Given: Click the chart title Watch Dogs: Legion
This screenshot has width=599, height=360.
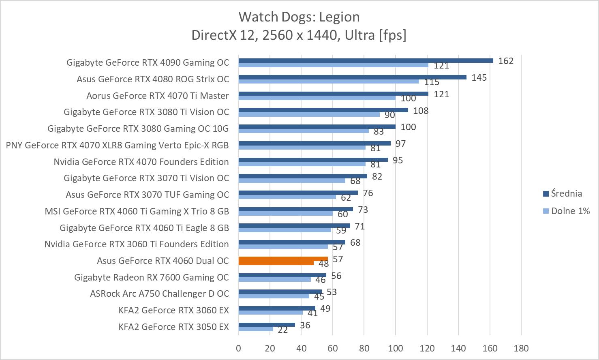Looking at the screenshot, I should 299,17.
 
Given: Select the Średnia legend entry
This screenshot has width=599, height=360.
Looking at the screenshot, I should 566,193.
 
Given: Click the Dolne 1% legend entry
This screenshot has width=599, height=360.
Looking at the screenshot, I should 570,211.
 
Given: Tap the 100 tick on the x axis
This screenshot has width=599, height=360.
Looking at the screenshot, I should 395,348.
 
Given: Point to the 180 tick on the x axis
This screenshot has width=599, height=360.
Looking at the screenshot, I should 521,348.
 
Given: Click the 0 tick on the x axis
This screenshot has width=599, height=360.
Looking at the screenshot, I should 238,348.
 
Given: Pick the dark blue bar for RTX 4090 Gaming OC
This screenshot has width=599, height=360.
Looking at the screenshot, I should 366,61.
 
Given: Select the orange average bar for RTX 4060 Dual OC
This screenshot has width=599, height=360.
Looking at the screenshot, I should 283,259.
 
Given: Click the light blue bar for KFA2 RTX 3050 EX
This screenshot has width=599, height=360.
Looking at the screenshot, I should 255,329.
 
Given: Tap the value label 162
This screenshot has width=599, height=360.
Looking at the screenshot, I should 506,61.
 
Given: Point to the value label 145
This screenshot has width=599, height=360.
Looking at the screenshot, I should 479,77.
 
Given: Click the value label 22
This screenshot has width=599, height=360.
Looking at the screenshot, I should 282,330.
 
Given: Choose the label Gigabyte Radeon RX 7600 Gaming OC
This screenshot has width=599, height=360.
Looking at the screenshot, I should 152,277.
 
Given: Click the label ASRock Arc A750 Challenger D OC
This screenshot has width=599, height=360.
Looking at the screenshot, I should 159,294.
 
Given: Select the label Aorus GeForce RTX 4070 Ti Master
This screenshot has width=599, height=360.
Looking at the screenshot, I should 158,96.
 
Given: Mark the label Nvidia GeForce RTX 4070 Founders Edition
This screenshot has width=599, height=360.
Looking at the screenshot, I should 141,162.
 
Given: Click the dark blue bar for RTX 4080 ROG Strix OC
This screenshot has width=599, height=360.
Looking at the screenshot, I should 352,77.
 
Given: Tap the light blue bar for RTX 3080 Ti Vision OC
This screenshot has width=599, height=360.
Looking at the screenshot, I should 309,114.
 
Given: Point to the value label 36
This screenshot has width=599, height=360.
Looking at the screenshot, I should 305,325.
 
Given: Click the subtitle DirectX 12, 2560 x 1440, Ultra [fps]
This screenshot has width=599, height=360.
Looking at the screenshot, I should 299,35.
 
